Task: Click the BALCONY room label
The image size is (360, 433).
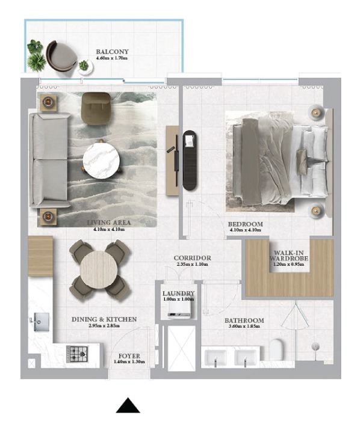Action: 112,52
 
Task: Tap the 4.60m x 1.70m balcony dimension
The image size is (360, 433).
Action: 112,58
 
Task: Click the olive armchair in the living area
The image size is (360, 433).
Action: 96,108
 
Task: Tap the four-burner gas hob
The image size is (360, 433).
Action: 77,354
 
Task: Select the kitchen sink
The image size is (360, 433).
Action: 41,322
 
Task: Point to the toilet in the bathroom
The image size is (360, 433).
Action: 276,349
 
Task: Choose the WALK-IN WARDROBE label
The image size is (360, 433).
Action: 289,256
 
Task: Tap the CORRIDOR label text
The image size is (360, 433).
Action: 192,258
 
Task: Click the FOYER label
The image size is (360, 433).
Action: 129,356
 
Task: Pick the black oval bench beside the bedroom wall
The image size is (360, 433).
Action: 190,160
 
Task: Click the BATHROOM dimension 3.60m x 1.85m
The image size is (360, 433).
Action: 244,326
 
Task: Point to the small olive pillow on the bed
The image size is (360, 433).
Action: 302,162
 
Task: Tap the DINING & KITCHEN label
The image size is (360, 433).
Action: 104,319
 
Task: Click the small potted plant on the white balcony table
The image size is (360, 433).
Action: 83,66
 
